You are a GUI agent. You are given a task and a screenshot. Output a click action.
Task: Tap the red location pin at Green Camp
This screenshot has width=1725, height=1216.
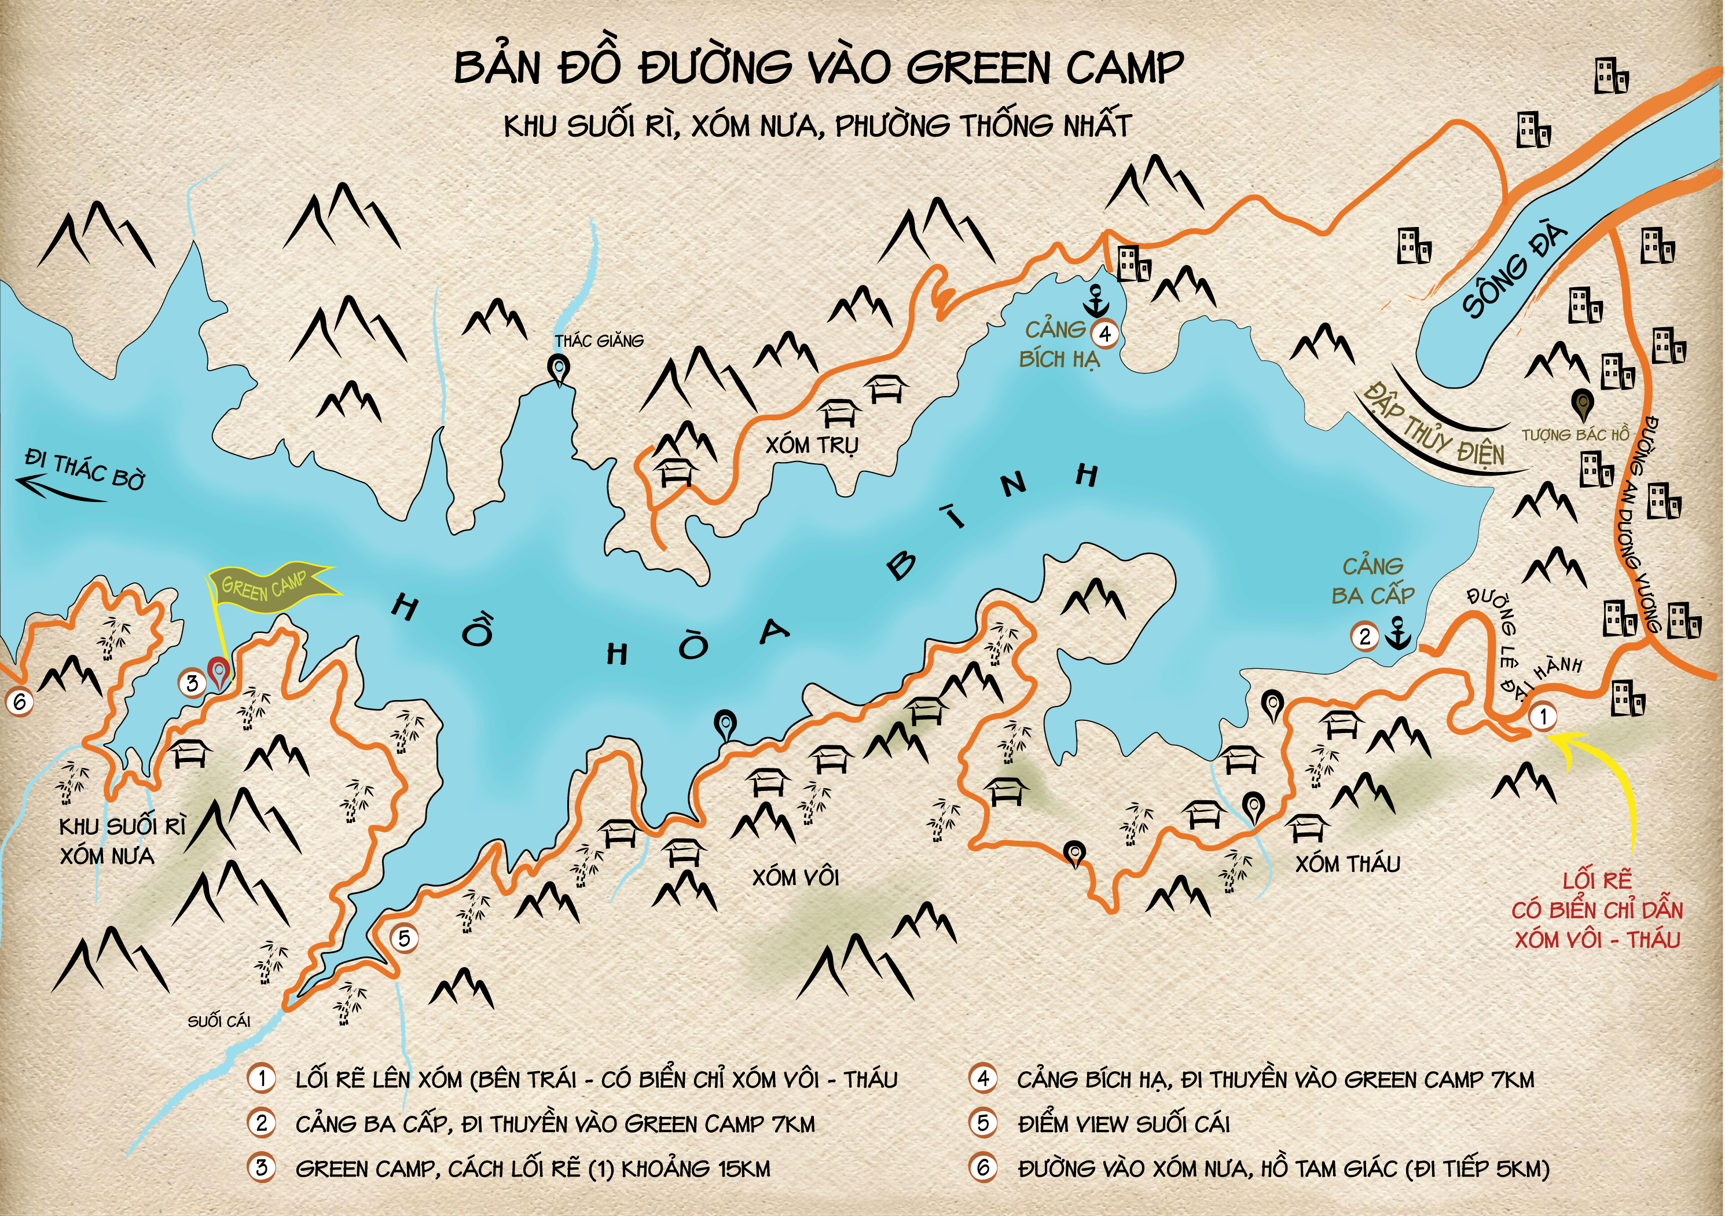[218, 671]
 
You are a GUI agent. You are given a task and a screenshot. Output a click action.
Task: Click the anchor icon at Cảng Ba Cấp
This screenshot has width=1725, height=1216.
[1398, 633]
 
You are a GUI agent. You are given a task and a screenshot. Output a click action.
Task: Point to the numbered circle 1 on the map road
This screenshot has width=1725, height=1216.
[1543, 716]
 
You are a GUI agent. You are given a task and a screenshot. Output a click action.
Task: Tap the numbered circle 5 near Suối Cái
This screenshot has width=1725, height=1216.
[404, 938]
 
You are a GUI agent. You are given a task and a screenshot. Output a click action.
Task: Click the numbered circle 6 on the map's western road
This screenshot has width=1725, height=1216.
[20, 702]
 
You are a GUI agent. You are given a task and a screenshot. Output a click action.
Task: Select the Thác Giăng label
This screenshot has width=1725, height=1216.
[599, 341]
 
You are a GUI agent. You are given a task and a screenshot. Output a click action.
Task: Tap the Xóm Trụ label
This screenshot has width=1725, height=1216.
[812, 445]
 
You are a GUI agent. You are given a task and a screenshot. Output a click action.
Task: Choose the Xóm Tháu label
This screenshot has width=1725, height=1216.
[1348, 865]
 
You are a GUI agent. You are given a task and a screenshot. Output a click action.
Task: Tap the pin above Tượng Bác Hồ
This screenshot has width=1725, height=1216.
[1582, 404]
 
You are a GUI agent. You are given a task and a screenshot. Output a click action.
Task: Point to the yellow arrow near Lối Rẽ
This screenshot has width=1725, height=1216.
[1608, 789]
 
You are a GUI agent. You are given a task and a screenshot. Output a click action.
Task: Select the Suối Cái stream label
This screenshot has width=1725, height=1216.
[219, 1021]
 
